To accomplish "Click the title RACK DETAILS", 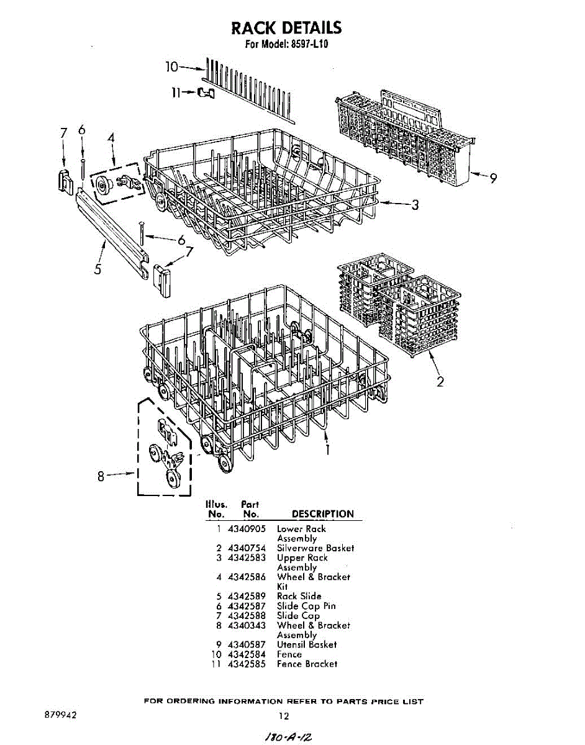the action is (x=286, y=28).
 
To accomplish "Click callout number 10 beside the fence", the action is (x=171, y=66).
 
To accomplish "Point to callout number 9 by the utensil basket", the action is (x=492, y=178).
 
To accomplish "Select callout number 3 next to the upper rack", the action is (x=415, y=205).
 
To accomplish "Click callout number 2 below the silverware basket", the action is (x=440, y=382).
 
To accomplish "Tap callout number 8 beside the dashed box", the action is (x=101, y=477).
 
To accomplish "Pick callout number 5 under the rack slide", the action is (x=98, y=268).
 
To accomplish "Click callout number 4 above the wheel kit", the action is (x=111, y=138).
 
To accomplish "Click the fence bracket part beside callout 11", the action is (x=206, y=93).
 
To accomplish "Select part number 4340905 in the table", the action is (x=247, y=529).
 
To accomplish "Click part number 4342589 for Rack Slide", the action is (x=247, y=596).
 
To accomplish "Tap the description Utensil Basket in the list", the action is (x=307, y=644).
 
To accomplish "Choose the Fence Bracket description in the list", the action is (x=307, y=664).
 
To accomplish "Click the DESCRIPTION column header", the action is (x=322, y=514).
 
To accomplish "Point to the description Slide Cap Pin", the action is (x=306, y=606).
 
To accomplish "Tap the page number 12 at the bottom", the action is (x=283, y=716).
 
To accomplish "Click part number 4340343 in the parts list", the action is (x=247, y=625).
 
